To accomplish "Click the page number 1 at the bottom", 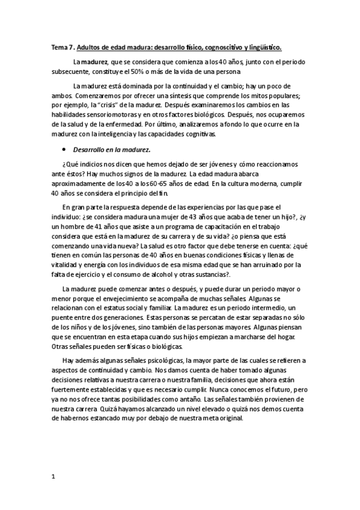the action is (x=53, y=476).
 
